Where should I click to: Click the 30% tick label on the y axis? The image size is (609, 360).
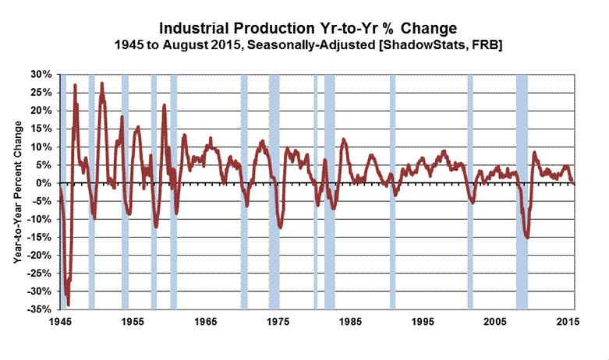42,75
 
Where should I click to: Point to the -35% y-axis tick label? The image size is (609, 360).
41,309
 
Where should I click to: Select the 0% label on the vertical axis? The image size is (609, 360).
45,183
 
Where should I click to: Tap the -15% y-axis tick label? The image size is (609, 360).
41,237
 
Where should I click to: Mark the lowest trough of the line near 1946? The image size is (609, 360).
68,304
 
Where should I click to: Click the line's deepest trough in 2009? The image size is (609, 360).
528,237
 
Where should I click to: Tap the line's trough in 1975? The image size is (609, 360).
280,228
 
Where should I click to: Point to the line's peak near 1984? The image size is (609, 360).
343,139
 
